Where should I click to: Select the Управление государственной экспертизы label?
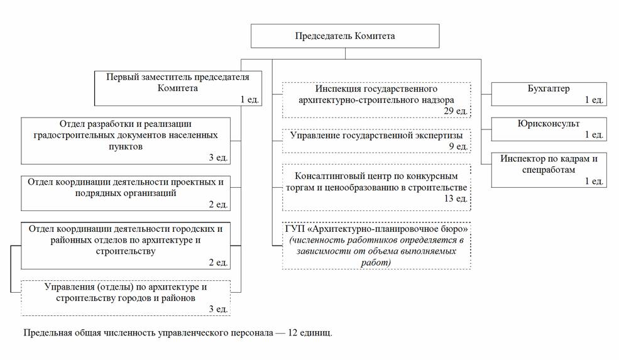point(376,135)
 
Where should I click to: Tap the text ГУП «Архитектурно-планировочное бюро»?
point(376,227)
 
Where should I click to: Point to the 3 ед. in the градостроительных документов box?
point(219,158)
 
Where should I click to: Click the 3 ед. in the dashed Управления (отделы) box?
point(219,308)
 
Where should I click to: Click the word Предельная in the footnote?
point(45,332)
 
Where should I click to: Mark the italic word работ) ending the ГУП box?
point(376,262)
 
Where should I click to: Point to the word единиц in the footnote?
point(316,332)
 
